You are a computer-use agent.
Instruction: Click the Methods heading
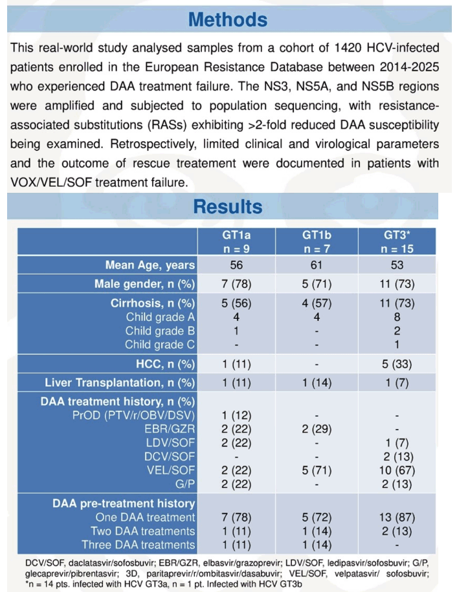point(228,19)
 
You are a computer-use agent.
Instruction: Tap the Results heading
point(228,206)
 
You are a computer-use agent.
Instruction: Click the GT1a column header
point(236,242)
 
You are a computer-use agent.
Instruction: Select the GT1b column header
point(317,242)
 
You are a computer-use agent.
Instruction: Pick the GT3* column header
point(397,242)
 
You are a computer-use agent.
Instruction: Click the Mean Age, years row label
point(150,265)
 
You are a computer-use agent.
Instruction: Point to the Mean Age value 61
point(317,265)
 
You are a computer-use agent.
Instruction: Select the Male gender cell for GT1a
point(236,284)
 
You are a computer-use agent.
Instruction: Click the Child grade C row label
point(160,345)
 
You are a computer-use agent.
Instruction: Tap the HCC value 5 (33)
point(397,364)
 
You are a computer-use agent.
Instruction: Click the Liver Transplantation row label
point(120,383)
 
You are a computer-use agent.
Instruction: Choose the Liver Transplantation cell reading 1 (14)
point(317,383)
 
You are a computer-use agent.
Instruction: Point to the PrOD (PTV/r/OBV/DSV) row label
point(134,415)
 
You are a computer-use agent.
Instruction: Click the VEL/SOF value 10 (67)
point(397,470)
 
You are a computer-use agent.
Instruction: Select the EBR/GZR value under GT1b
point(317,429)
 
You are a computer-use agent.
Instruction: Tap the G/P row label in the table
point(186,485)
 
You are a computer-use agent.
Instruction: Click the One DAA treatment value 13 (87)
point(397,517)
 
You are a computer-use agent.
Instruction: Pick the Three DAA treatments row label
point(139,545)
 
